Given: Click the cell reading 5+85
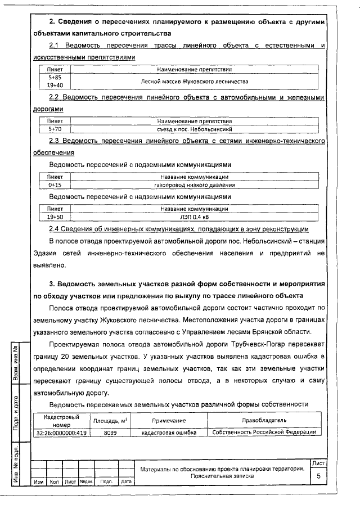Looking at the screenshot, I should click(x=55, y=76).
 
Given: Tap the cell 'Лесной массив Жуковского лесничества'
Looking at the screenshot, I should click(x=194, y=81).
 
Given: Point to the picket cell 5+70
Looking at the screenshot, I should click(x=55, y=129).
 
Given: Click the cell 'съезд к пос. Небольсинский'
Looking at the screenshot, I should click(x=194, y=129).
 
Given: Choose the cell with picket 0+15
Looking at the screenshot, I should click(x=55, y=184).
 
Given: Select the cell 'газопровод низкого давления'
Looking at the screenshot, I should click(x=194, y=184).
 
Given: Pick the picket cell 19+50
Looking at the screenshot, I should click(x=55, y=217).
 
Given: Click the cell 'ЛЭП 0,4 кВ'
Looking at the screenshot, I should click(x=194, y=217).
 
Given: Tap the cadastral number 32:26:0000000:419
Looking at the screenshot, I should click(x=61, y=433).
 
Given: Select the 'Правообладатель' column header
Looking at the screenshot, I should click(x=264, y=421).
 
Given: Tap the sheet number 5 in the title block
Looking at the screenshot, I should click(x=318, y=476).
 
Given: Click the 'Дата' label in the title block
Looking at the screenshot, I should click(x=127, y=482).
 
